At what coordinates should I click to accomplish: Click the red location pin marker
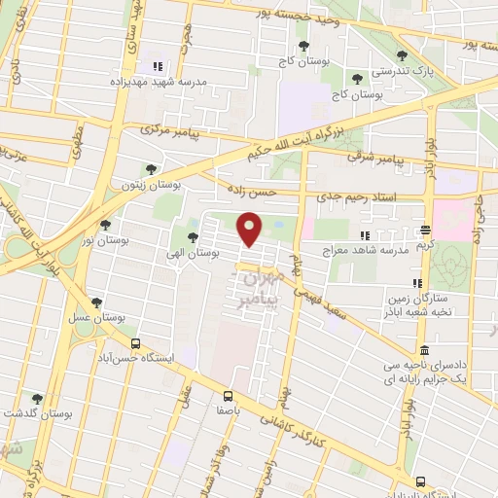[x=250, y=230]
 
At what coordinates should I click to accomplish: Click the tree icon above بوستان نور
[x=105, y=225]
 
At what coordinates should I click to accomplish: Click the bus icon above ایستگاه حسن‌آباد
[x=135, y=343]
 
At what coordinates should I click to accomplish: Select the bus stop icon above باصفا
[x=228, y=396]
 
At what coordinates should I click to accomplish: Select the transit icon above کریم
[x=425, y=231]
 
